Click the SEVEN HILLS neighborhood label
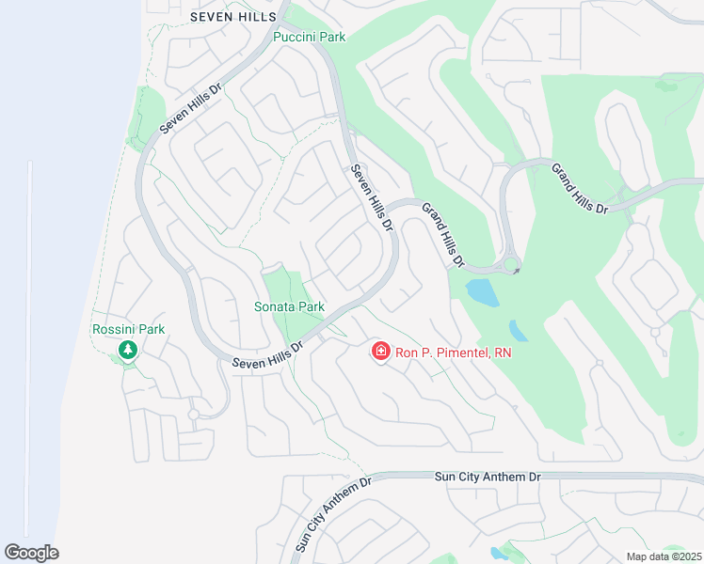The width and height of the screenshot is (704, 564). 233,16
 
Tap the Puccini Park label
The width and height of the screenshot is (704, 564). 309,38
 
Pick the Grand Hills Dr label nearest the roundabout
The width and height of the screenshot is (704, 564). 442,234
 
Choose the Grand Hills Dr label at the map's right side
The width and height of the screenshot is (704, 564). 580,187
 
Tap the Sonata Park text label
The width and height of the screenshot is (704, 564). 290,306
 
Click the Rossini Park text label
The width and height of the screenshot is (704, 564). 128,329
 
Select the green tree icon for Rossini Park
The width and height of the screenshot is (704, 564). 128,350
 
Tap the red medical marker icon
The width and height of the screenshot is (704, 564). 381,352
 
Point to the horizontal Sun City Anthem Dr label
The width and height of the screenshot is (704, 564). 488,477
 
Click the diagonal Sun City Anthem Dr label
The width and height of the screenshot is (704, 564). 333,513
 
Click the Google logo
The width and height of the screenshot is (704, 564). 31,553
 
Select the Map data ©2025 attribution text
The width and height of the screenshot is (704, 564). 663,556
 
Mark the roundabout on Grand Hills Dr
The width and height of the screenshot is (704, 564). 511,265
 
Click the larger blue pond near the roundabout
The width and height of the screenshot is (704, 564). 483,292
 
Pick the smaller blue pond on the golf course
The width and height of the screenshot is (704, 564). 519,331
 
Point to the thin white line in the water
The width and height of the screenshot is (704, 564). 29,348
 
